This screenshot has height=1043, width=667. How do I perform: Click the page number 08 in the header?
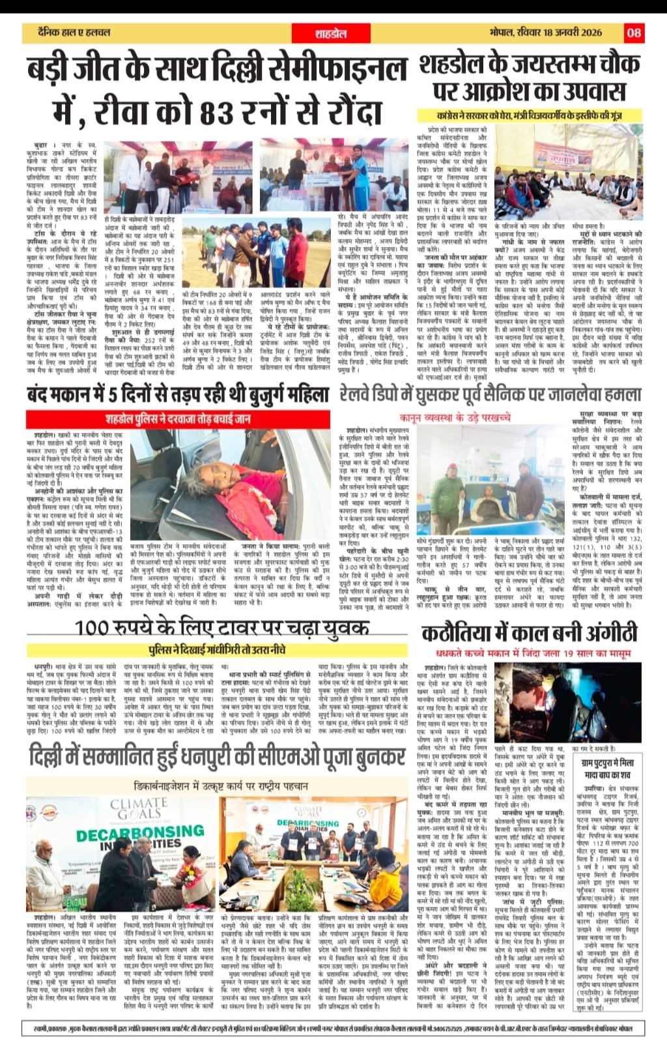[x=634, y=32]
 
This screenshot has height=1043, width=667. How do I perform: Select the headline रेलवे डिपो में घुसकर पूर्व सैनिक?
[x=490, y=394]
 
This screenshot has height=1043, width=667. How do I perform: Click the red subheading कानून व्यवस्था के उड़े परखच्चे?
[x=455, y=418]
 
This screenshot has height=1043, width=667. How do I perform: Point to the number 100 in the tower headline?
[x=100, y=628]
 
